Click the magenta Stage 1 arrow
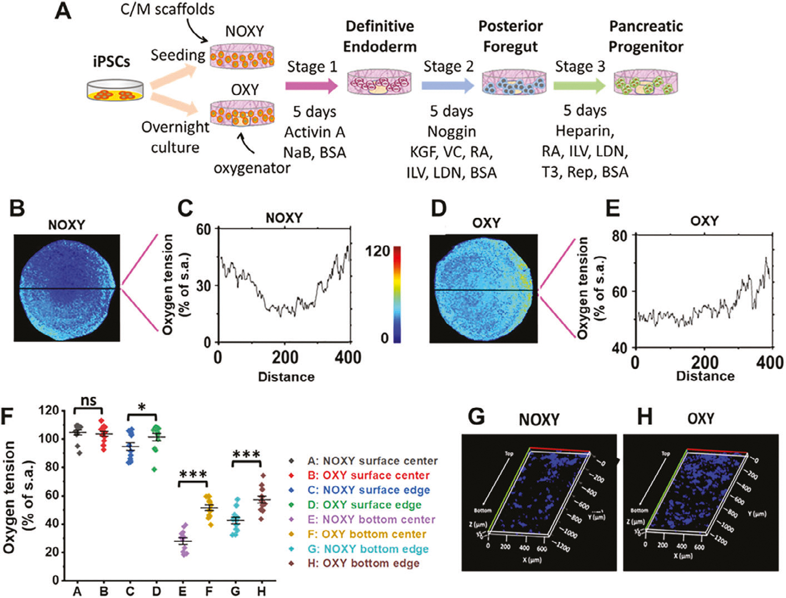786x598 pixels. coord(311,86)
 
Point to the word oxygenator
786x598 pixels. coord(252,167)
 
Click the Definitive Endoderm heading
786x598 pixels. coord(380,36)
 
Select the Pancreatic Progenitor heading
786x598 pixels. coord(646,36)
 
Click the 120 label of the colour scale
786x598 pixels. coord(377,251)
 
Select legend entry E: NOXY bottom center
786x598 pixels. coord(371,520)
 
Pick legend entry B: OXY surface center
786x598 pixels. coord(368,476)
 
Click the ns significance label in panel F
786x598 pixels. coord(89,400)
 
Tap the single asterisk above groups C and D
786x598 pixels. coord(142,407)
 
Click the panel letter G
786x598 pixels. coord(477,417)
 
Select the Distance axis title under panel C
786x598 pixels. coord(286,377)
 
